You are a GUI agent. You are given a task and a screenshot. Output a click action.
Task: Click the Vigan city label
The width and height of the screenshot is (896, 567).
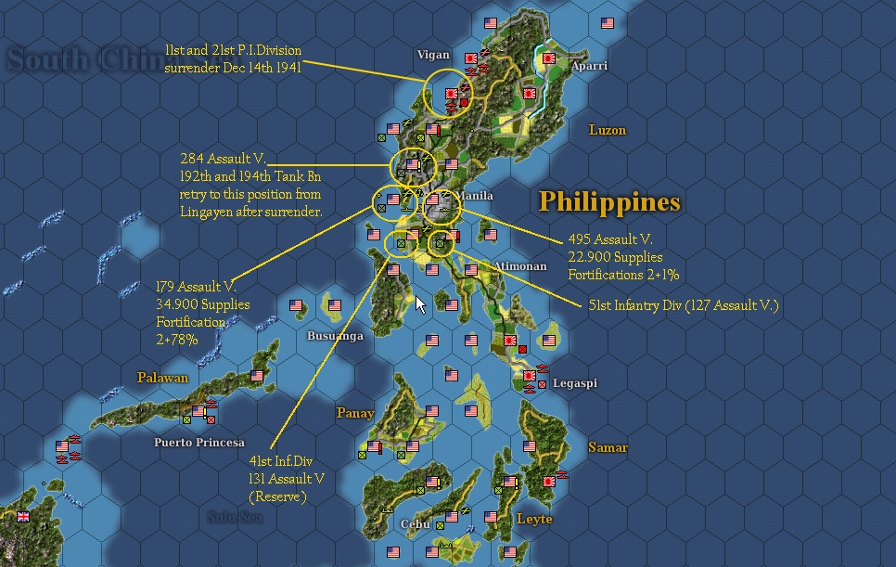click(433, 55)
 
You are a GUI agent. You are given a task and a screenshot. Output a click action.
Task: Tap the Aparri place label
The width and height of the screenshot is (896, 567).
click(589, 66)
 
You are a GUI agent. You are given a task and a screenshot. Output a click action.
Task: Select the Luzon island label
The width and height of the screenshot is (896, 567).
click(608, 130)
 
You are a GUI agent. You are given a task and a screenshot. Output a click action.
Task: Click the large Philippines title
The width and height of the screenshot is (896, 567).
click(609, 201)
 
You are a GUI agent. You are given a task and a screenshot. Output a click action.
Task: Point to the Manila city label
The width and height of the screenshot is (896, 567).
click(475, 196)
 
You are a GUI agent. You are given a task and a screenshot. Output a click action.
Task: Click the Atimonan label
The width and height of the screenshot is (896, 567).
click(520, 266)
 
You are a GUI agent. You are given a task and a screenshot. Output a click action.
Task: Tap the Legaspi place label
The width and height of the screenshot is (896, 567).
click(575, 382)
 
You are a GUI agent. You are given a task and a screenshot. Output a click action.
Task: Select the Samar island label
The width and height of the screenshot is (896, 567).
click(608, 447)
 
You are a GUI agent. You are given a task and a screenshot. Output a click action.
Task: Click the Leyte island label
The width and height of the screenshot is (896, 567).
click(534, 519)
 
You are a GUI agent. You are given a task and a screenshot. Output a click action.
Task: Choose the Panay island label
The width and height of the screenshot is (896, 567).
click(355, 413)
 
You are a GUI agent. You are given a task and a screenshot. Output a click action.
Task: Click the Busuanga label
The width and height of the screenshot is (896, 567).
click(335, 336)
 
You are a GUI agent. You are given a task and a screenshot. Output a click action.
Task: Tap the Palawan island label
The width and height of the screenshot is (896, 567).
click(163, 378)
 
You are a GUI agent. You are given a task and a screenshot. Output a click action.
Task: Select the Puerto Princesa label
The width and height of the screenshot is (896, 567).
click(199, 443)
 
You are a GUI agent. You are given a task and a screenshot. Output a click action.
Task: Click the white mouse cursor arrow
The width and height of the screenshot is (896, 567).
click(420, 303)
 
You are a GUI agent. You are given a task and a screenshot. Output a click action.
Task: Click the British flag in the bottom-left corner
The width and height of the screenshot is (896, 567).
click(23, 517)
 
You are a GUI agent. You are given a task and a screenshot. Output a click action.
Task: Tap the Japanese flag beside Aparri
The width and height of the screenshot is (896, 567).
click(548, 58)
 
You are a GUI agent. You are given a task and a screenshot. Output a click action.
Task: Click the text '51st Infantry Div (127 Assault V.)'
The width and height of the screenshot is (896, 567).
click(683, 304)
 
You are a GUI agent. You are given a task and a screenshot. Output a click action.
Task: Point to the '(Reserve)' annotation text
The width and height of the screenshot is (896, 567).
click(277, 497)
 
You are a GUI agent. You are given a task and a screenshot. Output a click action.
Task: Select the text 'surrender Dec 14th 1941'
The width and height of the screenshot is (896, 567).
click(233, 68)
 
